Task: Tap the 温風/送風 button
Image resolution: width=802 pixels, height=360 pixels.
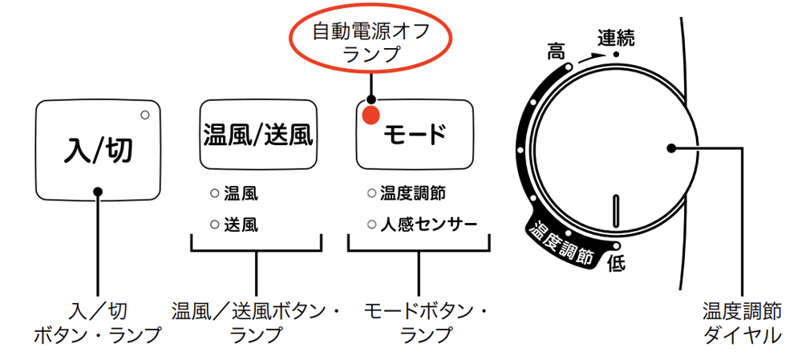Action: tap(256, 134)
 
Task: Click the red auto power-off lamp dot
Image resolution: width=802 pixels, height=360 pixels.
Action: tap(370, 116)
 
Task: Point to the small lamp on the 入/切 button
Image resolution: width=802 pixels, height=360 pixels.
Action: tap(145, 115)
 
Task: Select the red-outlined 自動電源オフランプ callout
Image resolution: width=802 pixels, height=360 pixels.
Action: tap(371, 42)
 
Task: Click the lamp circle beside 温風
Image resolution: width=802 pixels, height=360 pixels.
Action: tap(214, 193)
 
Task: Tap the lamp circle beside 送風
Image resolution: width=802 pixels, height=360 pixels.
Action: tap(214, 224)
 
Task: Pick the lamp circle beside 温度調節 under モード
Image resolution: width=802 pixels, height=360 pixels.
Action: tap(371, 193)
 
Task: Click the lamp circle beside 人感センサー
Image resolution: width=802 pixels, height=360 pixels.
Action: tap(371, 224)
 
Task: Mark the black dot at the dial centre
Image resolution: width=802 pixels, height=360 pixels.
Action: tap(670, 148)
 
